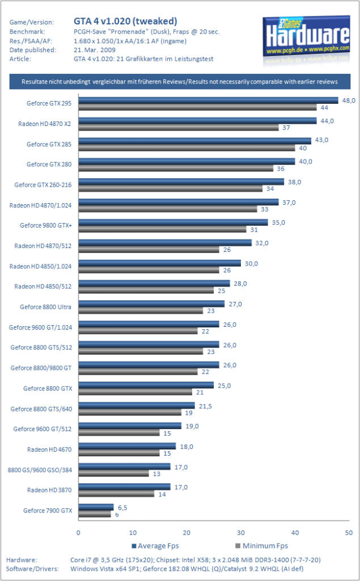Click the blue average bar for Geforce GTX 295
pyautogui.click(x=208, y=100)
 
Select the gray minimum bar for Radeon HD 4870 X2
pyautogui.click(x=179, y=128)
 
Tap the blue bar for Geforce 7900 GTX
pyautogui.click(x=96, y=507)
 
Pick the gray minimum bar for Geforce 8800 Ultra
pyautogui.click(x=141, y=310)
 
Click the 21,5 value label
pyautogui.click(x=205, y=406)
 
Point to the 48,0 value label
pyautogui.click(x=349, y=100)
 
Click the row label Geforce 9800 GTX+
pyautogui.click(x=46, y=225)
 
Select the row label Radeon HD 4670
pyautogui.click(x=49, y=449)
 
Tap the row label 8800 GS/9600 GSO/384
pyautogui.click(x=40, y=470)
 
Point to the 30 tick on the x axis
pyautogui.click(x=241, y=532)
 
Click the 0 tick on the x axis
pyautogui.click(x=78, y=532)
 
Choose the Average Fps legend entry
pyautogui.click(x=155, y=546)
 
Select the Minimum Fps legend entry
pyautogui.click(x=261, y=546)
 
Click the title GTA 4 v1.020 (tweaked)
pyautogui.click(x=125, y=21)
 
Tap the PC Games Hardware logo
pyautogui.click(x=306, y=39)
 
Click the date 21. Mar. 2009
pyautogui.click(x=95, y=50)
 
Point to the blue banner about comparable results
pyautogui.click(x=180, y=82)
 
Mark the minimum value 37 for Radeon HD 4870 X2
pyautogui.click(x=286, y=128)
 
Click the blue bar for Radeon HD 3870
pyautogui.click(x=125, y=486)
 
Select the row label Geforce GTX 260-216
pyautogui.click(x=43, y=184)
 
